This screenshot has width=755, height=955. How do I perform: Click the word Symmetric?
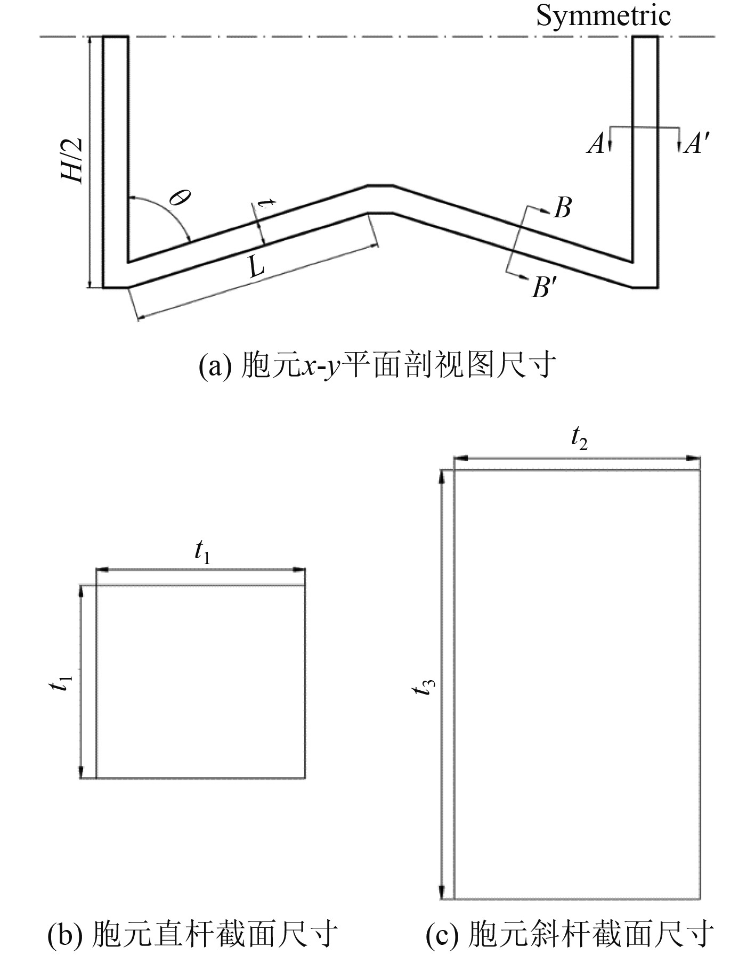point(603,15)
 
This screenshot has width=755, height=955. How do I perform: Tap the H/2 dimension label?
point(72,160)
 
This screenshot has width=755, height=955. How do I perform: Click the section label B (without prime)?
point(563,208)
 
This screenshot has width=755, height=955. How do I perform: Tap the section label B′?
point(544,288)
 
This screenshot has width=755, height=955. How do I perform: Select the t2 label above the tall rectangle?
point(579,439)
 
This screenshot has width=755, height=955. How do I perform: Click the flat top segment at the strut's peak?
point(380,186)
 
